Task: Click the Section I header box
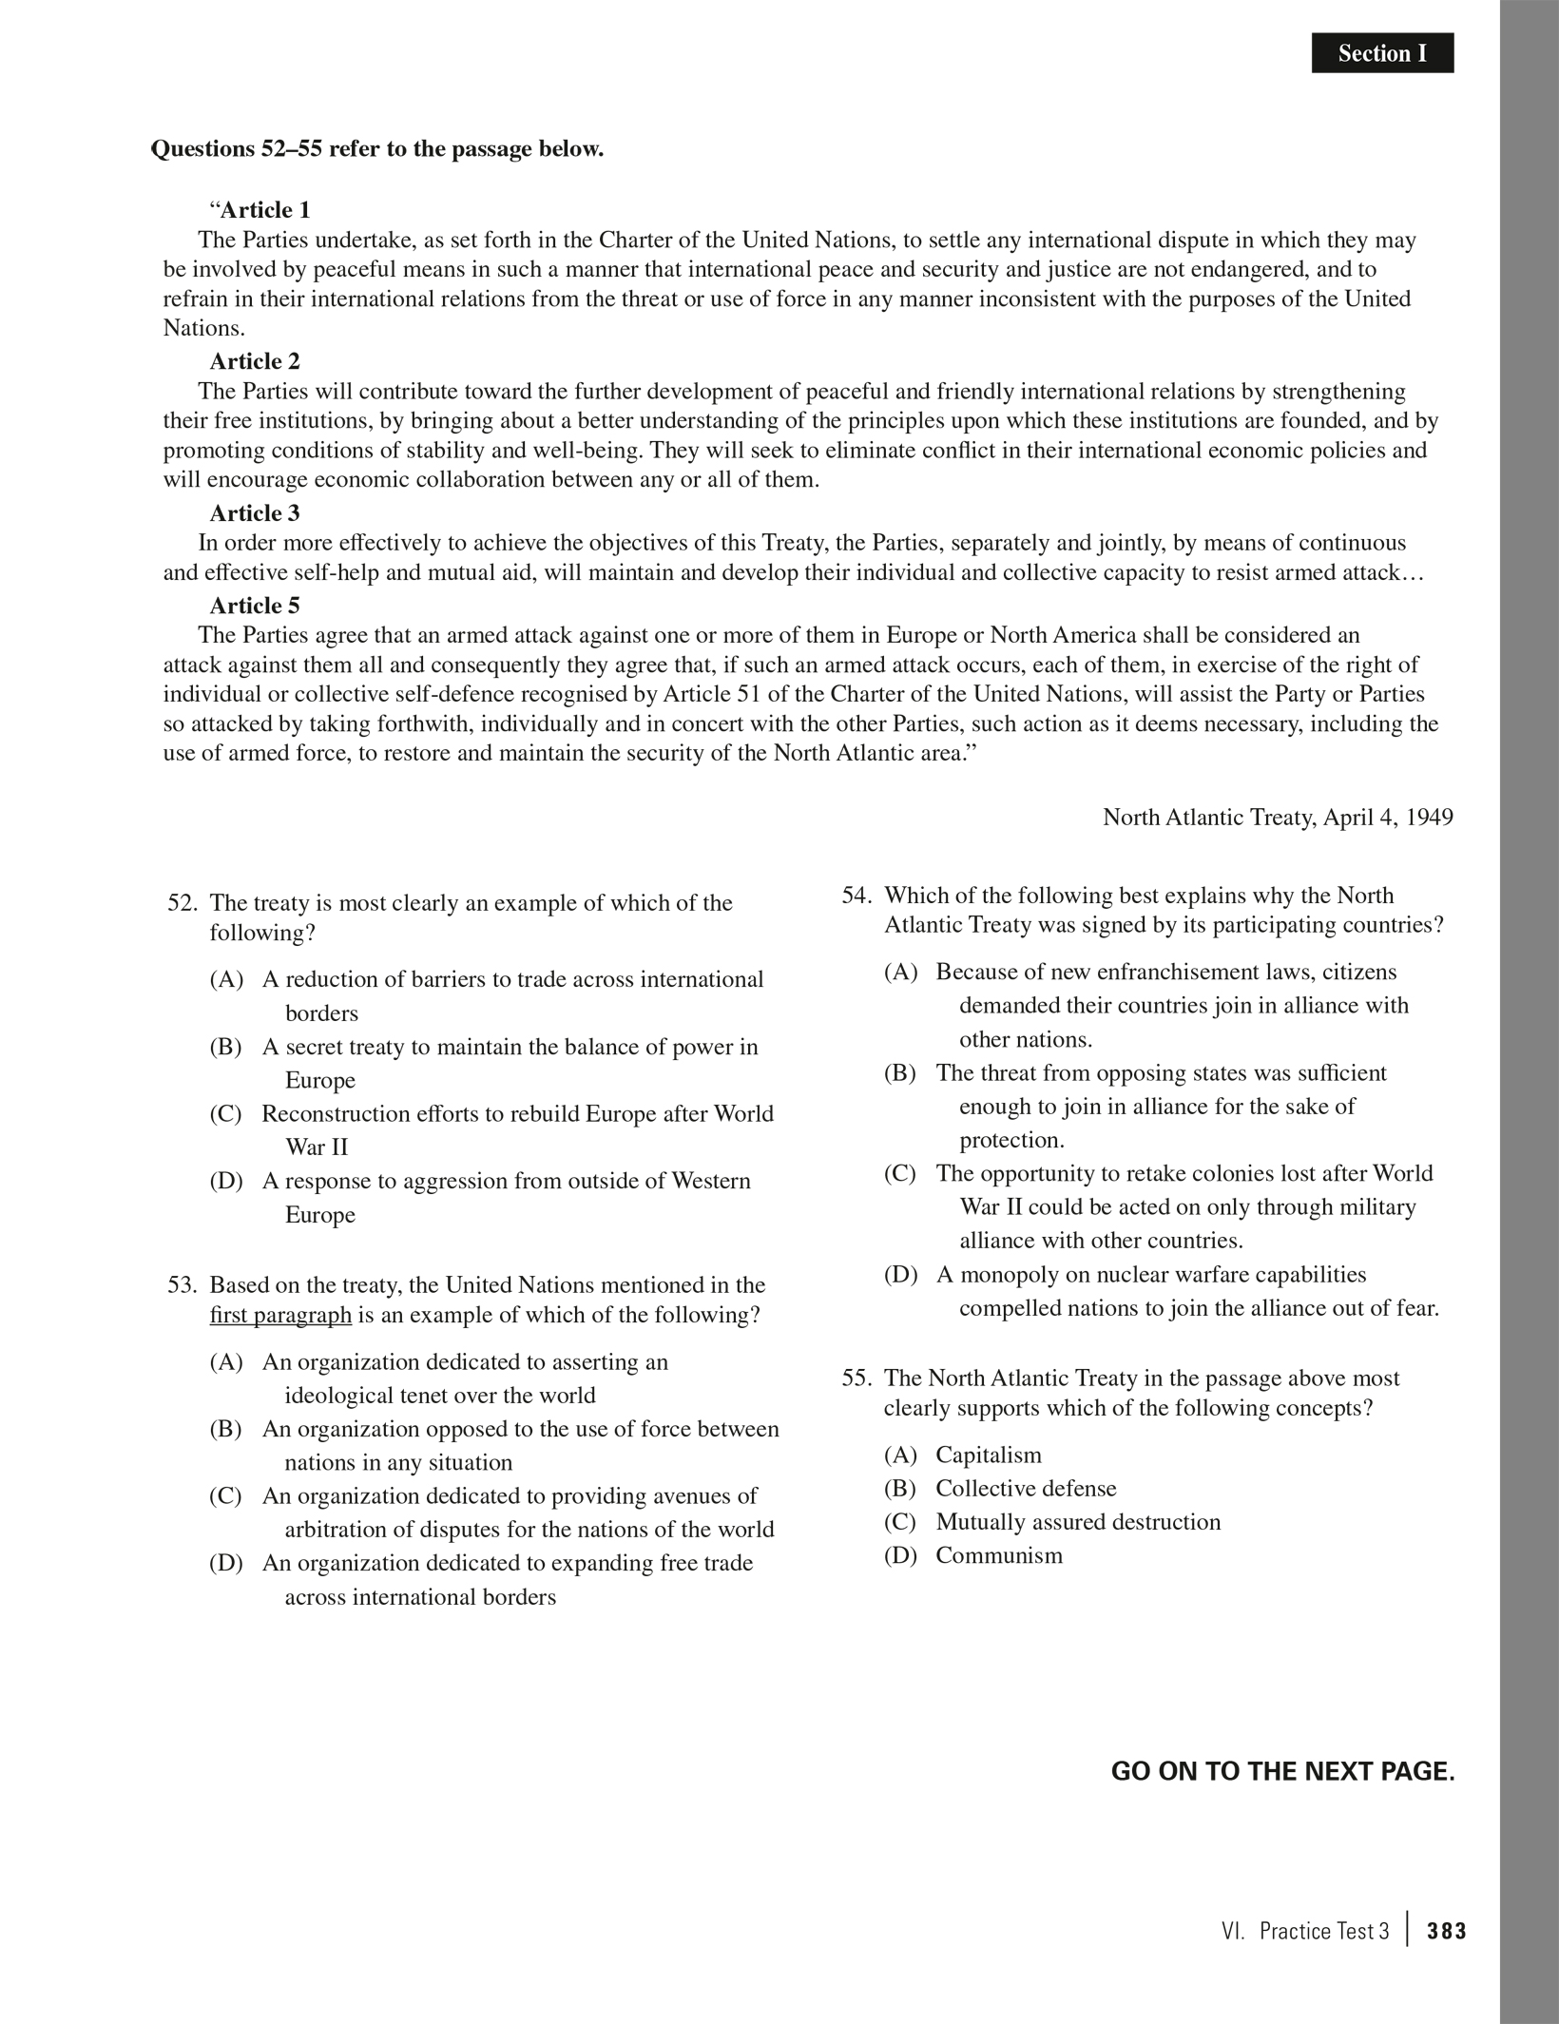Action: tap(1382, 53)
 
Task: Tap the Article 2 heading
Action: tap(255, 361)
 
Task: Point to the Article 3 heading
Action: tap(255, 513)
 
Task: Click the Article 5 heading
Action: tap(255, 606)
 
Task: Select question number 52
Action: tap(182, 903)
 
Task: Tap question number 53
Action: tap(182, 1285)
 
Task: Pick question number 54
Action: tap(856, 896)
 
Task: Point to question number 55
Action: tap(856, 1378)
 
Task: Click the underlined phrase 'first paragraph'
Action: tap(280, 1316)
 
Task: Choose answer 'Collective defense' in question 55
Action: tap(1026, 1488)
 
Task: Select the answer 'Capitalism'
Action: tap(989, 1455)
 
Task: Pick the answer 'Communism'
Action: tap(999, 1555)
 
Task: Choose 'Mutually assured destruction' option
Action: tap(1078, 1521)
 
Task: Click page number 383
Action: tap(1447, 1931)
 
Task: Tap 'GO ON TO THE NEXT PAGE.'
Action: tap(1282, 1772)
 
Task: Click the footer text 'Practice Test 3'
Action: tap(1323, 1931)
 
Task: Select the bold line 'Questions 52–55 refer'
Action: tap(377, 149)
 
